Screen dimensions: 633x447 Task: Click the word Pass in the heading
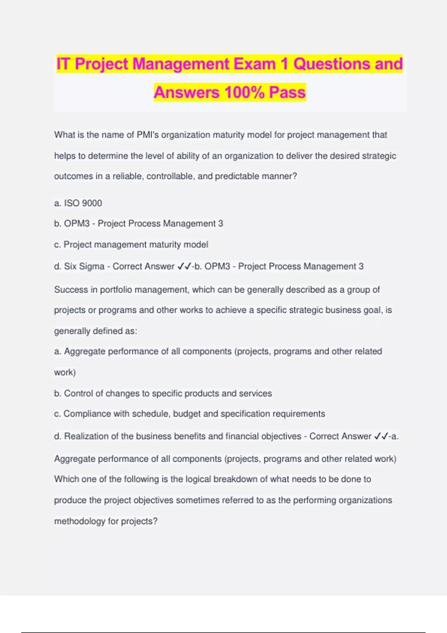pos(287,92)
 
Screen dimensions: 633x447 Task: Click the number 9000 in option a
pos(92,203)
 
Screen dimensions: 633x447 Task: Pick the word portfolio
pos(116,290)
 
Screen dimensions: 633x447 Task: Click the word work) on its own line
pos(65,372)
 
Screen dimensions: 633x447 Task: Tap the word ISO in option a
pos(72,203)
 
